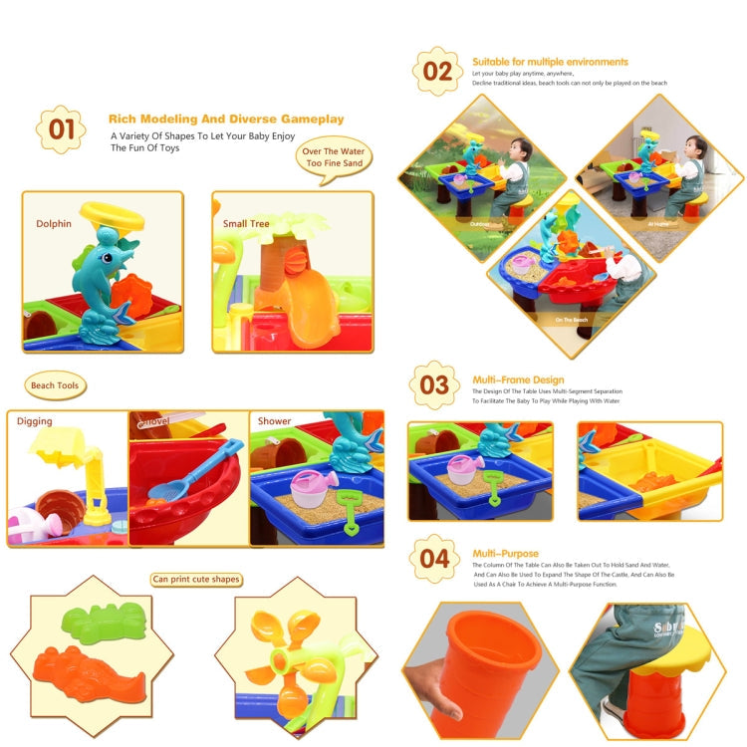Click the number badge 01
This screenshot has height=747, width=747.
pyautogui.click(x=61, y=129)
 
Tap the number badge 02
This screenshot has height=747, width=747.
pyautogui.click(x=436, y=70)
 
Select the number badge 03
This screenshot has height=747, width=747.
pyautogui.click(x=434, y=386)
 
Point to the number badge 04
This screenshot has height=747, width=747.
pyautogui.click(x=434, y=558)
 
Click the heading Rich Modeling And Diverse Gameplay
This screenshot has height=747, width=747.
pyautogui.click(x=226, y=119)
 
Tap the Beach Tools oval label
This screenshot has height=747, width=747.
pyautogui.click(x=57, y=385)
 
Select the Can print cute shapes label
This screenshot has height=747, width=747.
pyautogui.click(x=197, y=579)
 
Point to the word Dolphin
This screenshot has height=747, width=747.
pyautogui.click(x=54, y=224)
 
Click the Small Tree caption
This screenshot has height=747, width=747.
pyautogui.click(x=246, y=224)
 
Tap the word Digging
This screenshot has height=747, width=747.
pyautogui.click(x=34, y=421)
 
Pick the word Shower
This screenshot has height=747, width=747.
pyautogui.click(x=274, y=421)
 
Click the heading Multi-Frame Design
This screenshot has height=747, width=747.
pyautogui.click(x=518, y=379)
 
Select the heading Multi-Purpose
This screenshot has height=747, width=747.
pyautogui.click(x=505, y=553)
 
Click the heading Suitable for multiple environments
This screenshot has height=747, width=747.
pyautogui.click(x=550, y=62)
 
